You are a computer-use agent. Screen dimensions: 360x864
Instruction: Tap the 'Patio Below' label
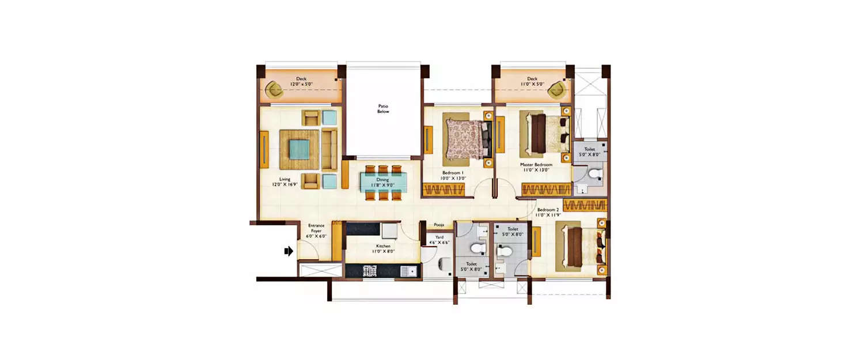coord(383,108)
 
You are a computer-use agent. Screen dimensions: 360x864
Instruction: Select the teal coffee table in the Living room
coord(298,149)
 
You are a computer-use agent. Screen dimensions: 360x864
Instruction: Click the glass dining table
coord(383,183)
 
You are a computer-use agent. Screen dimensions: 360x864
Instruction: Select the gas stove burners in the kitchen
coord(369,270)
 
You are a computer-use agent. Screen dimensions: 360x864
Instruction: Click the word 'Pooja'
coord(439,225)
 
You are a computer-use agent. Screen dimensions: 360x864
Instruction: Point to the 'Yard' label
coord(438,237)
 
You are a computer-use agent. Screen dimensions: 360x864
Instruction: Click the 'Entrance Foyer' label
coord(317,228)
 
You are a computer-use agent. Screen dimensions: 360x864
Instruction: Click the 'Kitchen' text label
coord(383,246)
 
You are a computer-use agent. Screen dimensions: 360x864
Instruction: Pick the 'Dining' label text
coord(383,180)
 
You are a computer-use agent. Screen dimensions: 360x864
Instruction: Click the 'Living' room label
coord(285,179)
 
